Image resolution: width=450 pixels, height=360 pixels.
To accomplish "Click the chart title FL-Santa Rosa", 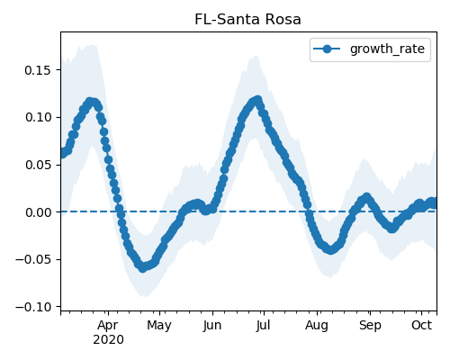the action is pyautogui.click(x=247, y=20).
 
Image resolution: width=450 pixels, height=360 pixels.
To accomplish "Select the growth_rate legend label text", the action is pyautogui.click(x=387, y=49).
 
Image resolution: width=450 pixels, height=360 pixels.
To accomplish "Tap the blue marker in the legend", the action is pyautogui.click(x=327, y=49).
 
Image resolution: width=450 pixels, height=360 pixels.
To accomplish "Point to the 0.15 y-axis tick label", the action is pyautogui.click(x=38, y=70).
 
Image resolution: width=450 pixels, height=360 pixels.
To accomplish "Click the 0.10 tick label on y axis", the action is pyautogui.click(x=38, y=117).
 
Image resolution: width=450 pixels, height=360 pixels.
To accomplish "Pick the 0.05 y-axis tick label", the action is pyautogui.click(x=38, y=165).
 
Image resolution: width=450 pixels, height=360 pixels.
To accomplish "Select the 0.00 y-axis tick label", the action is pyautogui.click(x=38, y=212).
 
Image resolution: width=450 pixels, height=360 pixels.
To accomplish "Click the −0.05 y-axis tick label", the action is pyautogui.click(x=33, y=259).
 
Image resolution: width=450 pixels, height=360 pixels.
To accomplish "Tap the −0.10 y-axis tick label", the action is pyautogui.click(x=33, y=307).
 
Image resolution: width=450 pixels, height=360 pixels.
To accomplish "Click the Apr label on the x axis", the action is pyautogui.click(x=108, y=326).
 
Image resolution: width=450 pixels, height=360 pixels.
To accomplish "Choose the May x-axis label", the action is pyautogui.click(x=159, y=326).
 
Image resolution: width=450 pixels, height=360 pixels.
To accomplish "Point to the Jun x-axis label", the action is pyautogui.click(x=212, y=325).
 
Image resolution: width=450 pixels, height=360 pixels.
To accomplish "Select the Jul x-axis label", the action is pyautogui.click(x=263, y=325).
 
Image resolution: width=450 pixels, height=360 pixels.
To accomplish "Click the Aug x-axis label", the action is pyautogui.click(x=317, y=326).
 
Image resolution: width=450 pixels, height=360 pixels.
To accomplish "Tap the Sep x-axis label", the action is pyautogui.click(x=370, y=326).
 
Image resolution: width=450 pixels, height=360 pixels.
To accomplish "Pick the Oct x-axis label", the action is pyautogui.click(x=421, y=325).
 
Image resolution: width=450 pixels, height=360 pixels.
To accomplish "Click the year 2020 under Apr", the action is pyautogui.click(x=108, y=340).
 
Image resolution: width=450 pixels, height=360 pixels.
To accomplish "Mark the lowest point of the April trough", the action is pyautogui.click(x=143, y=268).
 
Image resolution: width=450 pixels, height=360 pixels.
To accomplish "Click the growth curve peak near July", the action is pyautogui.click(x=257, y=99).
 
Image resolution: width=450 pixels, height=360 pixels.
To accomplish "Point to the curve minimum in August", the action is pyautogui.click(x=330, y=249).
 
